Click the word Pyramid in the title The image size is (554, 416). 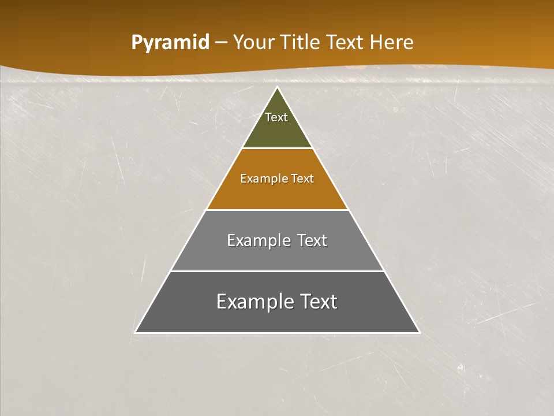click(170, 43)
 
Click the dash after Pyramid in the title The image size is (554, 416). click(220, 43)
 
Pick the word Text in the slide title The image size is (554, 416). click(346, 43)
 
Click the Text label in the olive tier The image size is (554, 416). click(276, 117)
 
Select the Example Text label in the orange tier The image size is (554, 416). click(277, 179)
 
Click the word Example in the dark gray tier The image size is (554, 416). click(252, 302)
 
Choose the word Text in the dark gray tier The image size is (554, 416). click(316, 302)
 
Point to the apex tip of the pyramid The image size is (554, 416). click(278, 88)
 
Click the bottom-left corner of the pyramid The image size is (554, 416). click(136, 332)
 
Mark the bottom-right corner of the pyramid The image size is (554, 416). click(419, 332)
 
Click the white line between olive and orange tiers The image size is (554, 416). click(277, 148)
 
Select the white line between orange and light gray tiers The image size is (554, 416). click(277, 210)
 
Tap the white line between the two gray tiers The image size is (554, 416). click(277, 271)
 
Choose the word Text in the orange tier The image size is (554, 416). click(303, 179)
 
